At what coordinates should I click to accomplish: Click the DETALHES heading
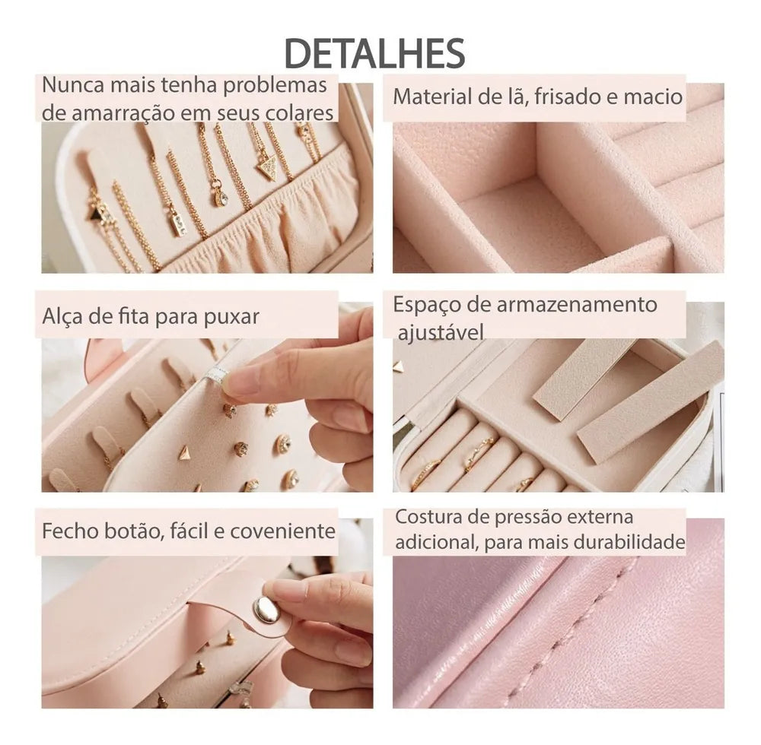(x=374, y=52)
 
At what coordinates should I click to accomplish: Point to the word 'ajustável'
(x=441, y=332)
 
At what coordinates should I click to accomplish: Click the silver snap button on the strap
(x=266, y=609)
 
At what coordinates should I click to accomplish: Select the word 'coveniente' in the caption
(x=282, y=531)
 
